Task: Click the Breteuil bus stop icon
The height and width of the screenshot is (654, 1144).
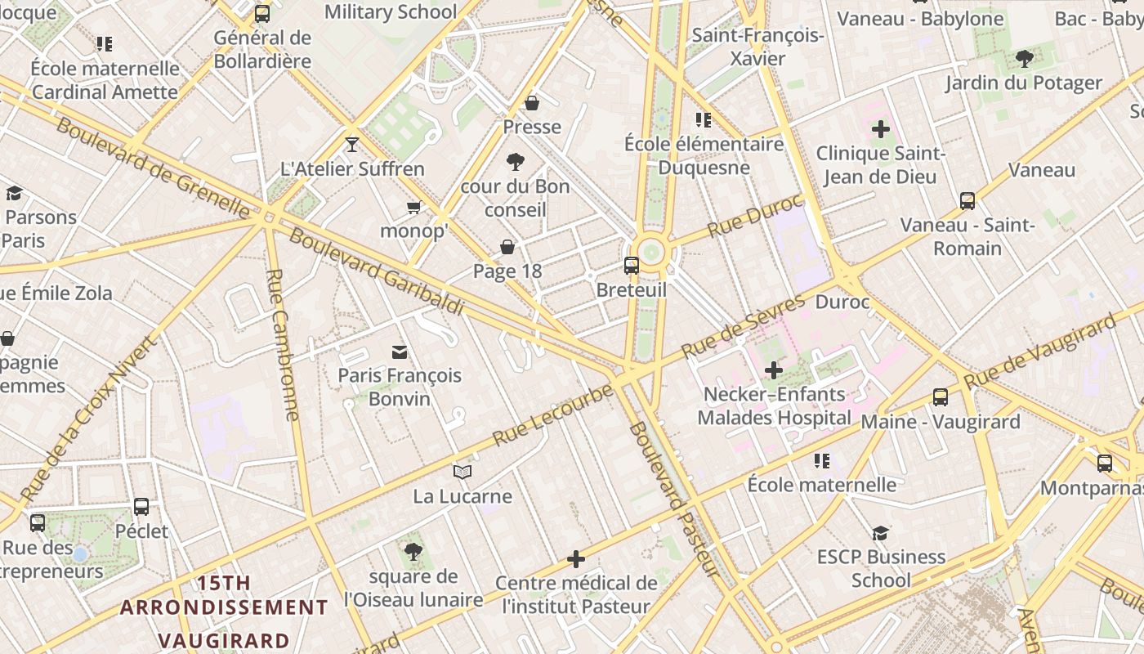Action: click(x=632, y=265)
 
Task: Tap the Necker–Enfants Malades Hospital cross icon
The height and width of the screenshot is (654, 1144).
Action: click(x=773, y=370)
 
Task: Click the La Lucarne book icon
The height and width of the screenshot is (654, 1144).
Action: click(x=463, y=472)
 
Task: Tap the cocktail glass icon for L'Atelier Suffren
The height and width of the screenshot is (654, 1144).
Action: click(x=352, y=145)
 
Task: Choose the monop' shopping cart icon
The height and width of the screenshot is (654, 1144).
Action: click(x=414, y=207)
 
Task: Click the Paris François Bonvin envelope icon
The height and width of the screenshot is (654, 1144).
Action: click(x=400, y=352)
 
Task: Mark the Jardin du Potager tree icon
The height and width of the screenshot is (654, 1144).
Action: click(x=1024, y=59)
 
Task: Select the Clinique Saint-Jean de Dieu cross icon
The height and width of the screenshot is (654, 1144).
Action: click(x=880, y=129)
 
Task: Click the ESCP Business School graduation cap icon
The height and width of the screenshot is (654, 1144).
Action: click(x=880, y=533)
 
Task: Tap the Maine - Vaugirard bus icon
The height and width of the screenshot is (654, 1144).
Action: click(x=941, y=397)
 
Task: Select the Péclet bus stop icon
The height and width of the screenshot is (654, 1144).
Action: click(x=141, y=507)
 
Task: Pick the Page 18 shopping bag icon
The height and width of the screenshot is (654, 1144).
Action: click(x=507, y=247)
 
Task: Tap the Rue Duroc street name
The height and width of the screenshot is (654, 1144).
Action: click(x=756, y=217)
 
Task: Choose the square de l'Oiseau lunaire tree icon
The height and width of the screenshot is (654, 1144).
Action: click(x=413, y=552)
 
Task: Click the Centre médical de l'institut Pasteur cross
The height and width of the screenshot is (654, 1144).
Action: click(x=576, y=559)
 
